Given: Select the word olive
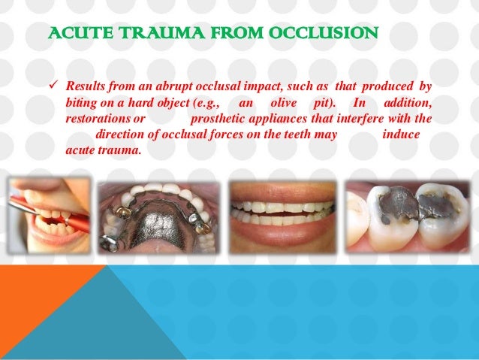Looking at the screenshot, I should (282, 101).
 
